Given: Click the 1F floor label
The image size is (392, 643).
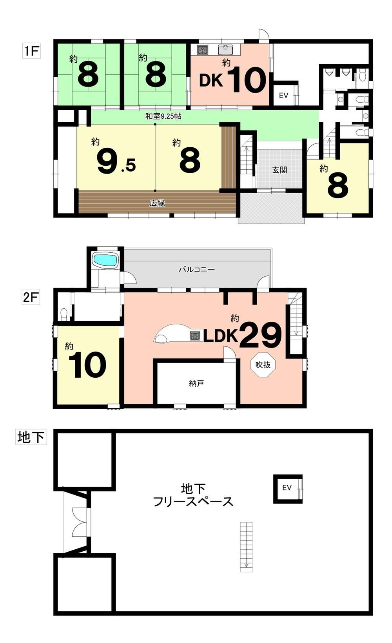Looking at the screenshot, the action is point(31,51).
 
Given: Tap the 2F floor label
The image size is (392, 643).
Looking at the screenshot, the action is point(31,297).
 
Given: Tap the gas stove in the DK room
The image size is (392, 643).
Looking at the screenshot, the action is point(202,50).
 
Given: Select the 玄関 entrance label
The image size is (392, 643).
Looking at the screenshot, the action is point(279,170).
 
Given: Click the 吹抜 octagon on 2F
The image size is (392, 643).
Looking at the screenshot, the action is point(263,364).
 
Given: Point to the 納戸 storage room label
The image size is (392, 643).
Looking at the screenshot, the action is point(196,383).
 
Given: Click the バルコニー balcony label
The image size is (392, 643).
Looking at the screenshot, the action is point(197,270).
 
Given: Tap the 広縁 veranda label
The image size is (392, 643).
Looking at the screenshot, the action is point(157,203).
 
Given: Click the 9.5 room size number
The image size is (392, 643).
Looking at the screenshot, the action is point(116,163).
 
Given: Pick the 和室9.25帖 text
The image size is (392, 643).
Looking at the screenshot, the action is point(163,116).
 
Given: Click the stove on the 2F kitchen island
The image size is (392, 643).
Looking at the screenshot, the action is point(195,336).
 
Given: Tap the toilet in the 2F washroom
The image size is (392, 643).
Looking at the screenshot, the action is point(64,314).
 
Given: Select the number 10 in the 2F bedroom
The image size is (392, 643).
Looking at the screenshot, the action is point(87,365).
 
